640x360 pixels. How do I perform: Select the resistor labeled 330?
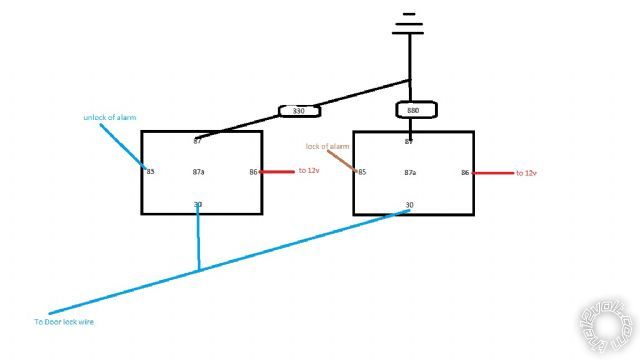(x=296, y=110)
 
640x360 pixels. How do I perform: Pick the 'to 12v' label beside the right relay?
(x=526, y=173)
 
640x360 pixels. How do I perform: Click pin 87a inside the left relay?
(x=198, y=173)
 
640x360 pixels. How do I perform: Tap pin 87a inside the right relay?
(x=410, y=173)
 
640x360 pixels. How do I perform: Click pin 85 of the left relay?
(x=151, y=172)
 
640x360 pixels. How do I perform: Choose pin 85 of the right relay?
(x=362, y=173)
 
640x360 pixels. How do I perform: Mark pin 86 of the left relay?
(x=254, y=173)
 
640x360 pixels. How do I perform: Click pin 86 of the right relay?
(x=465, y=173)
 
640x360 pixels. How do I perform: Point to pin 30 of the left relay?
(x=198, y=205)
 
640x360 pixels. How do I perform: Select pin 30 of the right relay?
(x=409, y=205)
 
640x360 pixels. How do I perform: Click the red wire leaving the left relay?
(x=277, y=172)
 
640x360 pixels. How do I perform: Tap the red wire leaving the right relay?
(x=491, y=173)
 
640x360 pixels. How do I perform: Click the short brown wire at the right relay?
(x=349, y=160)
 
